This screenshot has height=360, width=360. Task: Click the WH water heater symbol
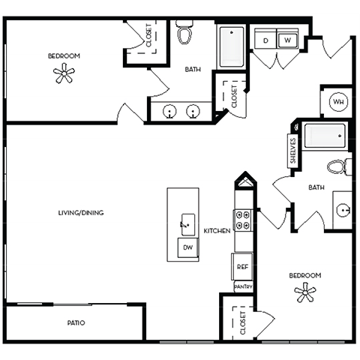(x=337, y=101)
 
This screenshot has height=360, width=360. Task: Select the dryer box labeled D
(x=266, y=40)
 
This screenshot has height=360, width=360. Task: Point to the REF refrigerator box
(x=242, y=266)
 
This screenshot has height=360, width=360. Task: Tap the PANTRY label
(x=243, y=286)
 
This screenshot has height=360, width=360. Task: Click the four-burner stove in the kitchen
(x=243, y=219)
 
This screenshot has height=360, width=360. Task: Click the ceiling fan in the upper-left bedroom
(x=64, y=73)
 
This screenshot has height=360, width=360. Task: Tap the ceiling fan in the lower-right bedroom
(x=305, y=293)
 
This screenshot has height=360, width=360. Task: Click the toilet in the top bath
(x=184, y=34)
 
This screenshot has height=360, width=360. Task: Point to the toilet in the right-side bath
(x=337, y=166)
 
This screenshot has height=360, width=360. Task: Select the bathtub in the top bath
(x=232, y=46)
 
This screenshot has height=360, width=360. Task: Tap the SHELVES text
(x=293, y=150)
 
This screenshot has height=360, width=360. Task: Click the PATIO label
(x=74, y=323)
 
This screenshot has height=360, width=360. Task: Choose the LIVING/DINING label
(x=81, y=213)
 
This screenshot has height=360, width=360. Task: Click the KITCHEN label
(x=217, y=231)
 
